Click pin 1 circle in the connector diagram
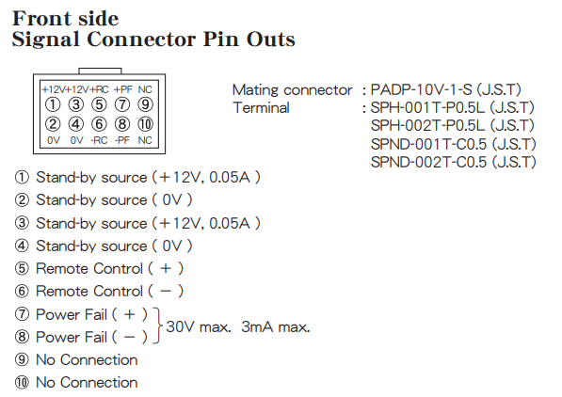(x=53, y=104)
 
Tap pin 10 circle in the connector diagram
(x=145, y=124)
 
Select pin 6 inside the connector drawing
(x=99, y=124)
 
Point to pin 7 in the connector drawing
(x=122, y=104)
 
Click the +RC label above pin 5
(x=99, y=89)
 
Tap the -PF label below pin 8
(x=122, y=140)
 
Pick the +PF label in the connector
(x=123, y=89)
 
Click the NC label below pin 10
(x=145, y=140)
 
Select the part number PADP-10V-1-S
(x=421, y=89)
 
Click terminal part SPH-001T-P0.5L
(x=427, y=107)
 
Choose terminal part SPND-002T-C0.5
(x=428, y=162)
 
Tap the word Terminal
(x=262, y=107)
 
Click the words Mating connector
(x=293, y=90)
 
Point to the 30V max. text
(x=199, y=326)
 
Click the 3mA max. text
(x=275, y=326)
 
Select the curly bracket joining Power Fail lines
(x=157, y=326)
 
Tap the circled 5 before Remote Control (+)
(x=22, y=268)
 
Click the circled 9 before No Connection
(x=22, y=359)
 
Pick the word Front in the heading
(x=42, y=19)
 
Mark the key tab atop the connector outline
(x=100, y=71)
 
